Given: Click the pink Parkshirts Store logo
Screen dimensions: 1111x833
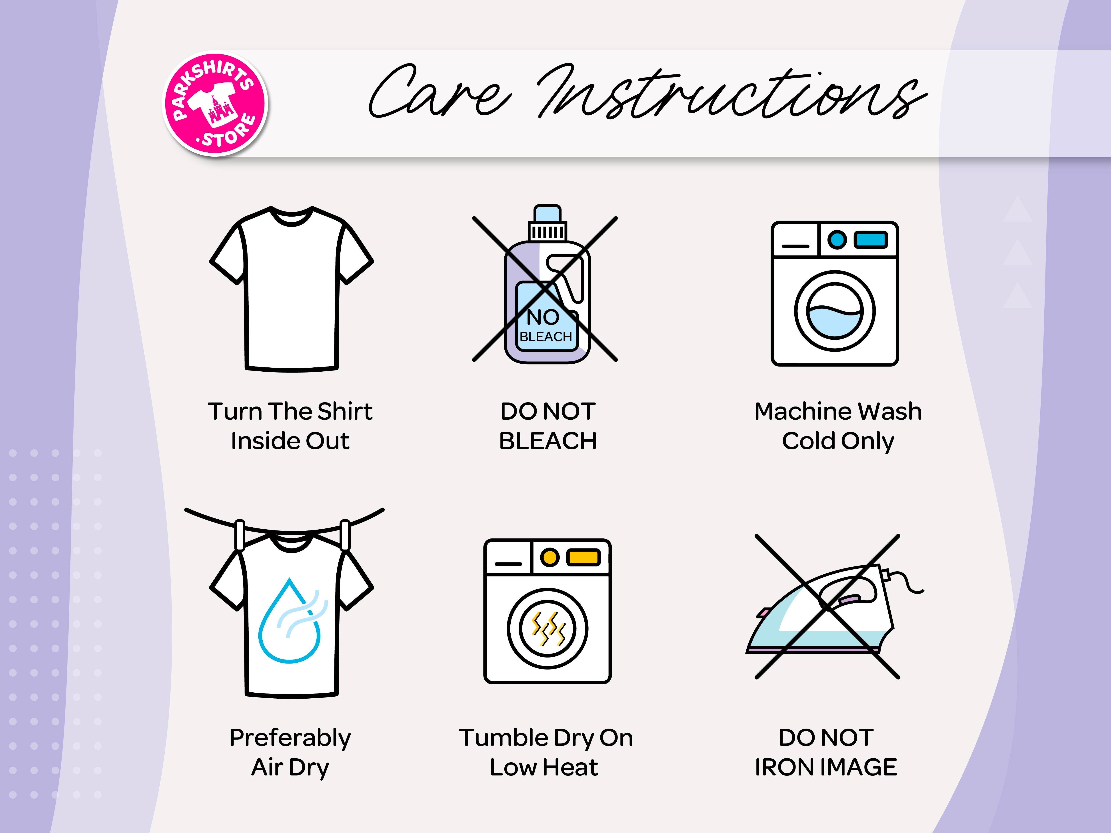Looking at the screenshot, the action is [x=216, y=104].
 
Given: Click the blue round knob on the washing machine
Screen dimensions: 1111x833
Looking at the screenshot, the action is [x=837, y=239].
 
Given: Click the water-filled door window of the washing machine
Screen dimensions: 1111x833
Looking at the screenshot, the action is [x=835, y=311].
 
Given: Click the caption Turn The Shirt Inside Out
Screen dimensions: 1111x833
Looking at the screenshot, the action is [x=290, y=426].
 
